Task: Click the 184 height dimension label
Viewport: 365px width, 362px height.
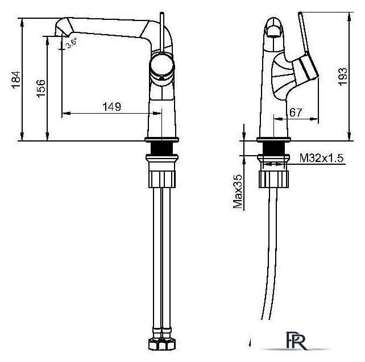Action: pos(16,80)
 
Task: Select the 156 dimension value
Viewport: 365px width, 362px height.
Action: pos(41,89)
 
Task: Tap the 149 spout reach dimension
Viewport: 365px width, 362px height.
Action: pos(112,106)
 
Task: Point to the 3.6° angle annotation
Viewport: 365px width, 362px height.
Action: pos(71,43)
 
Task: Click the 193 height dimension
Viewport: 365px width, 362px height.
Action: pos(342,77)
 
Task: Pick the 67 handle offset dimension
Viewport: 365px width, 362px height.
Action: pos(296,113)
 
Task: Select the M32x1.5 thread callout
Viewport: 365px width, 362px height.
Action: pos(321,158)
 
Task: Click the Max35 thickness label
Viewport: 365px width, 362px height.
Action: pos(238,192)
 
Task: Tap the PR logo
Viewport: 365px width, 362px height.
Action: pos(296,340)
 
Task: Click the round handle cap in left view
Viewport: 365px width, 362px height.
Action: pos(162,65)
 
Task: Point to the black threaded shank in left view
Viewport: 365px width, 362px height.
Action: pos(162,148)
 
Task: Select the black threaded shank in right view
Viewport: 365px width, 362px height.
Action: pos(273,148)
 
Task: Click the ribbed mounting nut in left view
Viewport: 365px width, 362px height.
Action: pos(162,179)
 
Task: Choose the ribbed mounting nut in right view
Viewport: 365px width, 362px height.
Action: pos(274,179)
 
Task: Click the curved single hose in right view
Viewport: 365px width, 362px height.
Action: pos(271,253)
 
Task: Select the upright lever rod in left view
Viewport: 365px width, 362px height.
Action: pos(162,32)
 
